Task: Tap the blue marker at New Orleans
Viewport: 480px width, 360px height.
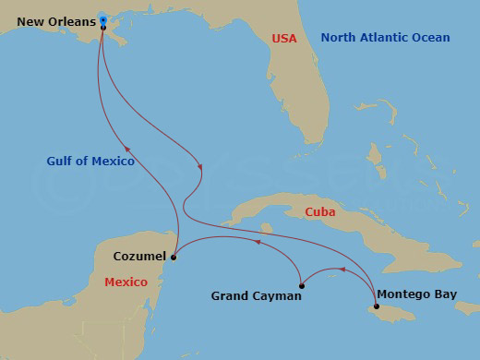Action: tap(103, 20)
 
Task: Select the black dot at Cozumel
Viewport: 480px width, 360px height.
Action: tap(174, 258)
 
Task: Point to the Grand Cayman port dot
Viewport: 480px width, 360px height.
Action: tap(301, 285)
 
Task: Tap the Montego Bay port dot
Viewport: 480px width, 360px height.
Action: tap(376, 306)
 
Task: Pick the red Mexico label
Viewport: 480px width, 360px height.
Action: tap(126, 282)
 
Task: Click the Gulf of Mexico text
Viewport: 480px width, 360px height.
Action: tap(90, 161)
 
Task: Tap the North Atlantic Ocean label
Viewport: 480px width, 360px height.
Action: tap(385, 38)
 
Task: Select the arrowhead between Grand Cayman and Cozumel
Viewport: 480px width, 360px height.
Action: tap(258, 244)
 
